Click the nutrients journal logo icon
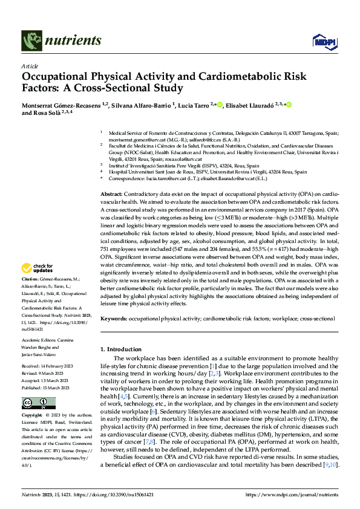coord(31,41)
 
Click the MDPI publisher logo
coord(321,41)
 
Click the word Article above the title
coord(30,66)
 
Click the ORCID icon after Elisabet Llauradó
coord(289,105)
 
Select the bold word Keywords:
coord(113,318)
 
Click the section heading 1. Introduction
coord(121,349)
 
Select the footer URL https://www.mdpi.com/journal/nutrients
coord(291,495)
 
